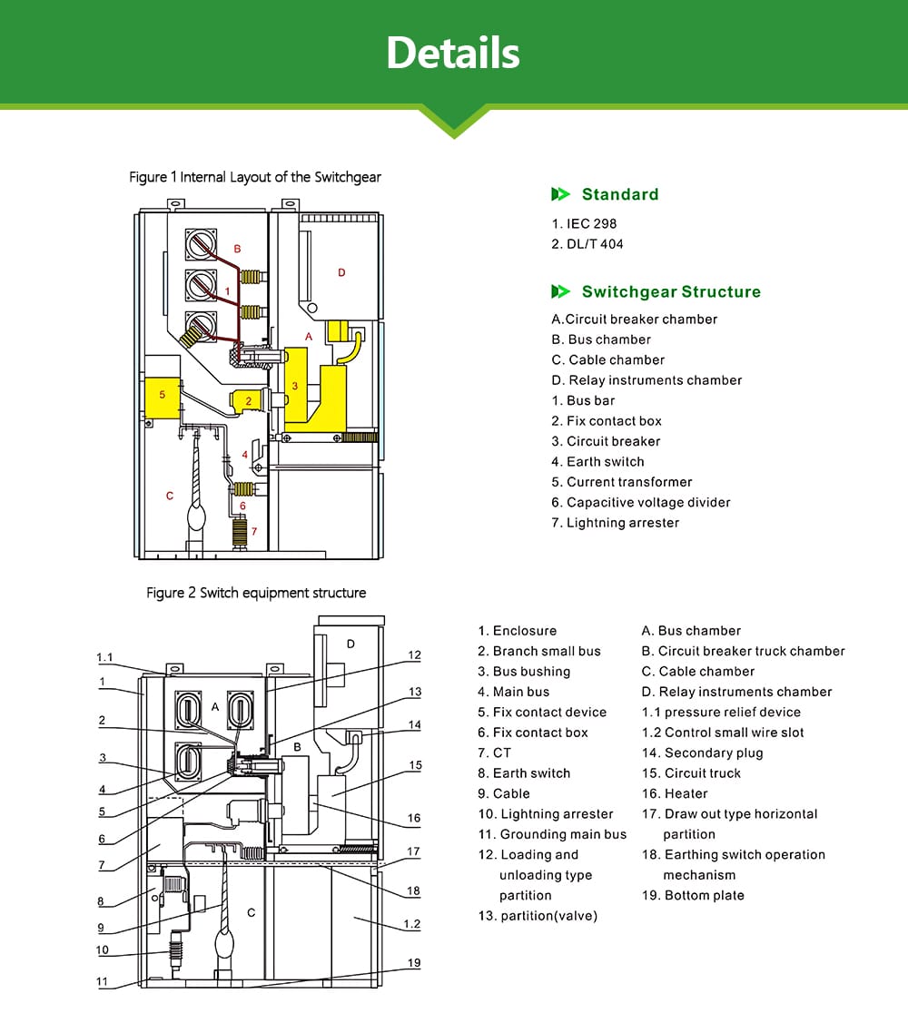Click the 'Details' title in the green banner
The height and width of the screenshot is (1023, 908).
[452, 53]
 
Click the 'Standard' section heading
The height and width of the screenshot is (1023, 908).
[619, 194]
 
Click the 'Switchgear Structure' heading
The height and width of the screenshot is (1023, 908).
[670, 291]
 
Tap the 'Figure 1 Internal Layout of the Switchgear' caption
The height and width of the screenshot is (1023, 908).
[255, 177]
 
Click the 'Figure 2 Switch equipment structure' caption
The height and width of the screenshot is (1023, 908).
[256, 593]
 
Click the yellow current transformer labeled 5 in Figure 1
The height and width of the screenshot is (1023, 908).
[162, 397]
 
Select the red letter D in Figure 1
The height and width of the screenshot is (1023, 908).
[341, 272]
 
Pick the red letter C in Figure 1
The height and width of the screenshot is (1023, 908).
[170, 496]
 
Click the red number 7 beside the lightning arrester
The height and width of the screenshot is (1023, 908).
[254, 531]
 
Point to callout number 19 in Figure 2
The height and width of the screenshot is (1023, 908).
[414, 963]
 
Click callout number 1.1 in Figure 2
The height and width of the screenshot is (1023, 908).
[104, 657]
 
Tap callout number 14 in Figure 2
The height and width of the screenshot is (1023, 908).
[415, 724]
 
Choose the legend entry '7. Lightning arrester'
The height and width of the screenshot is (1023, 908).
[615, 523]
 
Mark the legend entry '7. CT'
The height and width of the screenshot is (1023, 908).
[495, 752]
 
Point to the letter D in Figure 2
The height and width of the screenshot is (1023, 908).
[350, 644]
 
